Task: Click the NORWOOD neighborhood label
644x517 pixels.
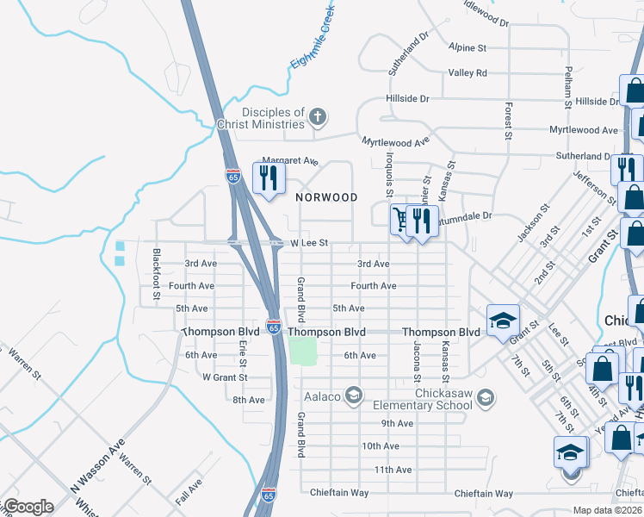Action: point(326,197)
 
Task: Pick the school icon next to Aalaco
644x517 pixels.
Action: point(352,396)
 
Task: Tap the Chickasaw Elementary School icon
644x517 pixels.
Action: point(486,396)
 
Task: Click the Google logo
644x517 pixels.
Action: point(28,507)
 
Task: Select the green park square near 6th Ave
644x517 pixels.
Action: point(302,351)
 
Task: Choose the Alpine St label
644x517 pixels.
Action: point(468,47)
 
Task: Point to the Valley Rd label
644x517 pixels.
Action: point(468,73)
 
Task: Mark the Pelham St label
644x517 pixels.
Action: point(567,89)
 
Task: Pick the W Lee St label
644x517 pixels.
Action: point(309,244)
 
